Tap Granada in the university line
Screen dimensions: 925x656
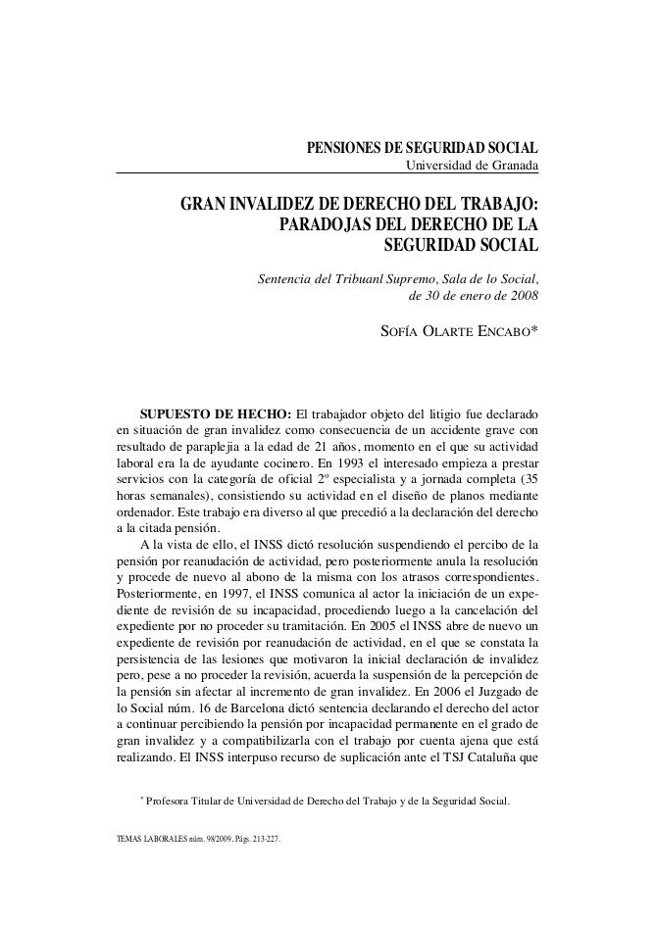(513, 165)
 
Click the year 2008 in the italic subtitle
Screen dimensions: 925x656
(520, 295)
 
